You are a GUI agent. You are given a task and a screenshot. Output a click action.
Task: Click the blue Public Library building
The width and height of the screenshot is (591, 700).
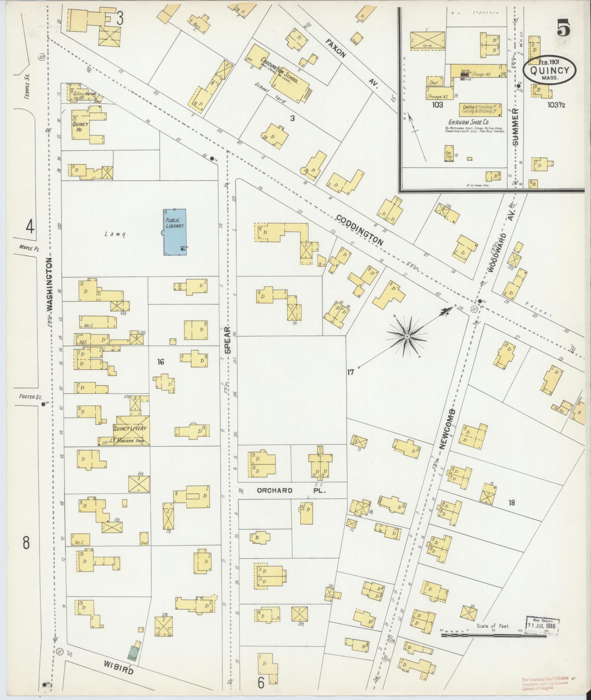tap(174, 232)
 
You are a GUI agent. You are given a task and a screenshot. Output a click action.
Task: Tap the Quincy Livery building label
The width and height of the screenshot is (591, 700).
tap(130, 428)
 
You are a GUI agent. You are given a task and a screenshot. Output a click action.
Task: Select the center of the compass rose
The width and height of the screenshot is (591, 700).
tap(407, 336)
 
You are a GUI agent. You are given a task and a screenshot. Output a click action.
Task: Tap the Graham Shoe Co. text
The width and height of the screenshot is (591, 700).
tap(469, 122)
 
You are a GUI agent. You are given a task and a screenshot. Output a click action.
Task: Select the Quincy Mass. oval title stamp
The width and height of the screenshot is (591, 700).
tap(549, 70)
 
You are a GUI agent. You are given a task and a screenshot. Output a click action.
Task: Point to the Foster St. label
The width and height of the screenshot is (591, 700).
tap(28, 397)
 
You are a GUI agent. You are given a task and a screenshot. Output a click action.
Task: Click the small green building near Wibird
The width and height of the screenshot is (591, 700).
tap(134, 651)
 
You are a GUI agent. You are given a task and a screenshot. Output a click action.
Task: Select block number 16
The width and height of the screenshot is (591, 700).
tap(160, 362)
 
